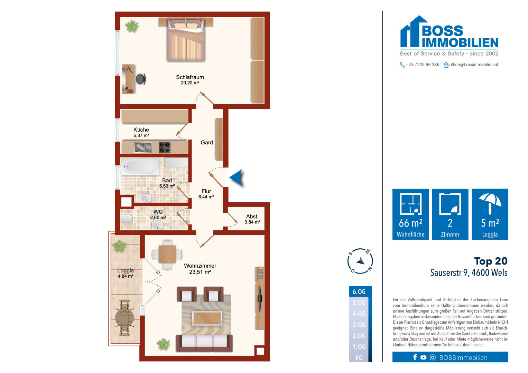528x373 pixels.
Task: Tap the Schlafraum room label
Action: pos(190,80)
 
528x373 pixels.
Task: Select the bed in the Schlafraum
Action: pos(186,40)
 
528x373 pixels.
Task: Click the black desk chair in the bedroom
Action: pos(141,79)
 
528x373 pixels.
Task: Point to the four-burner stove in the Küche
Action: pos(164,147)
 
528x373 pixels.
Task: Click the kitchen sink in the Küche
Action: pos(143,147)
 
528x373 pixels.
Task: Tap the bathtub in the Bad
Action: pos(140,166)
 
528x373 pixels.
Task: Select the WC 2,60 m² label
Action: pos(158,214)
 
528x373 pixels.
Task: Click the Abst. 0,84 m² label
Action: pos(252,219)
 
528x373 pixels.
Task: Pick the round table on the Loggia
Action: pos(124,318)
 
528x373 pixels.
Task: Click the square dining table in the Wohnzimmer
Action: pos(167,254)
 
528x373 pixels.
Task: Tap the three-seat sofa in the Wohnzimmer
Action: pos(204,343)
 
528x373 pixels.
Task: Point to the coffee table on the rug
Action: pos(207,318)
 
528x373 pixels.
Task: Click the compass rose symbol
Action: pos(360,261)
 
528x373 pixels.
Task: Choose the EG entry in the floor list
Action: pos(359,358)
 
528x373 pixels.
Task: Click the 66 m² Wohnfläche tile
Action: pos(411,214)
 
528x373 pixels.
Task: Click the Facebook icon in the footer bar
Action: pos(415,357)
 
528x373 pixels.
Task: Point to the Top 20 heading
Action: pos(491,261)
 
